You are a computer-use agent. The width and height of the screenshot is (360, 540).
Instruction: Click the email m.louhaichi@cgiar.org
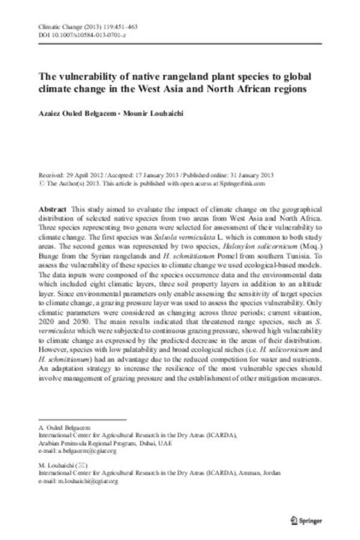point(85,481)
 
